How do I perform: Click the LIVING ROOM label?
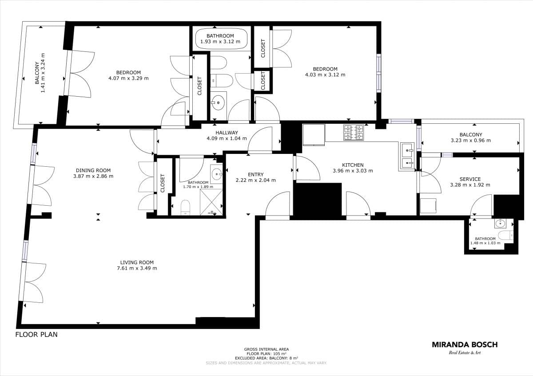tap(137, 262)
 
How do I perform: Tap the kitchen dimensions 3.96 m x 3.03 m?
tap(353, 171)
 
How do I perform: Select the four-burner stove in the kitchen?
tap(354, 132)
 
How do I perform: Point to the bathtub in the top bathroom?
tap(221, 39)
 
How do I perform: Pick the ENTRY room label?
tap(256, 174)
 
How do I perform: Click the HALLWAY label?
tap(227, 133)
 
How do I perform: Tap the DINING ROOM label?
tap(93, 170)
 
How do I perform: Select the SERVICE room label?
tap(470, 179)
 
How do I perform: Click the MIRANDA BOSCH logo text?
tap(465, 345)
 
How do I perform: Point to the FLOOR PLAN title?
tap(36, 335)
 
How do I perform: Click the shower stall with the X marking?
tap(211, 202)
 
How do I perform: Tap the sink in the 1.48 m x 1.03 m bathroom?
tap(501, 223)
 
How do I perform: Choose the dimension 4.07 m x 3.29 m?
tap(128, 78)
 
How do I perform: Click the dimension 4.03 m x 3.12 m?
tap(325, 74)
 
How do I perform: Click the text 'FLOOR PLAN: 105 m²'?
tap(266, 354)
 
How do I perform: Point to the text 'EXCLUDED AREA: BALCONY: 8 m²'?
tap(266, 358)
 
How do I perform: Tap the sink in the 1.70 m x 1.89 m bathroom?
tap(217, 174)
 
